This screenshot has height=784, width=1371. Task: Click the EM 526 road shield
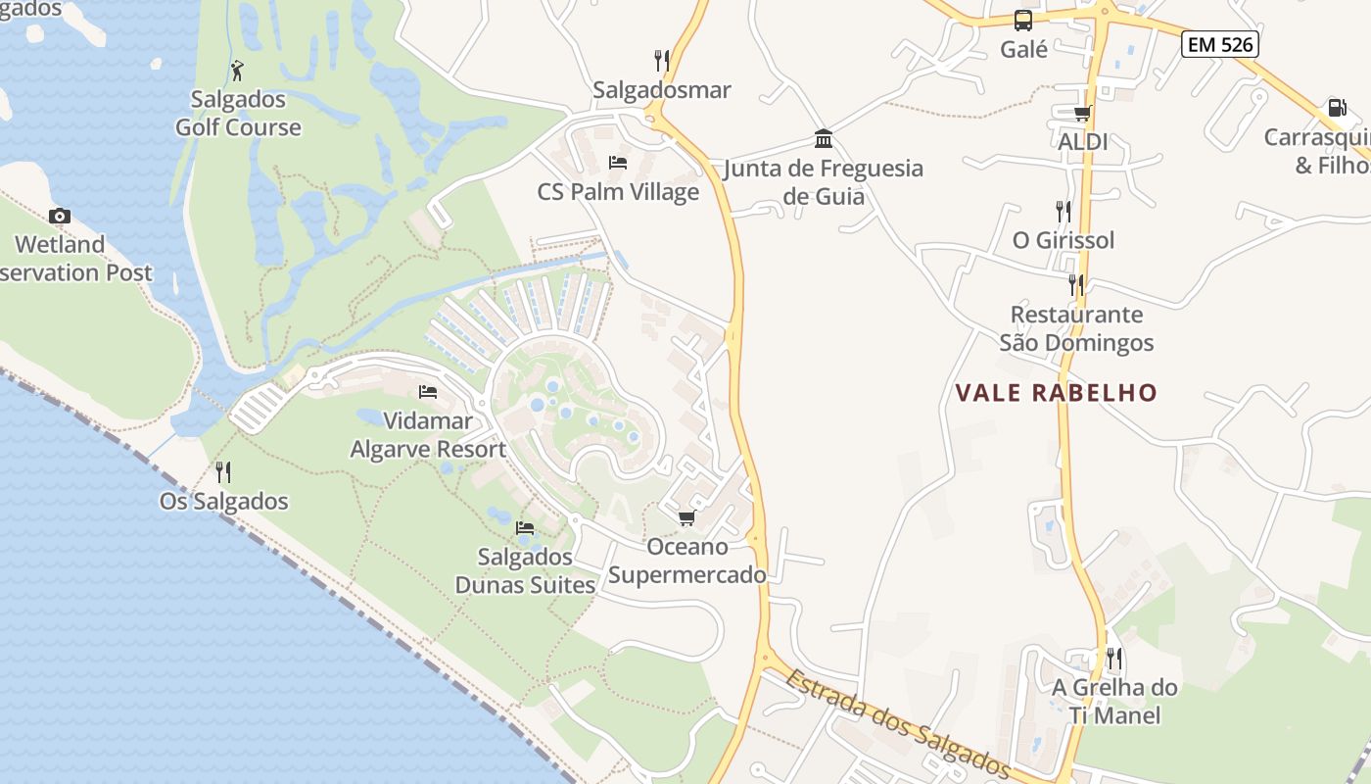pyautogui.click(x=1219, y=44)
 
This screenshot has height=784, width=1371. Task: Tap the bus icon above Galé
pyautogui.click(x=1023, y=21)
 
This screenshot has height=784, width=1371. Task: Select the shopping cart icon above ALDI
pyautogui.click(x=1082, y=114)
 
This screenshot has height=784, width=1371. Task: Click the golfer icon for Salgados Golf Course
pyautogui.click(x=237, y=71)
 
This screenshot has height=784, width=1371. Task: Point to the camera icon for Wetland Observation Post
pyautogui.click(x=60, y=216)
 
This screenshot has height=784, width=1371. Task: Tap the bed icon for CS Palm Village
pyautogui.click(x=618, y=162)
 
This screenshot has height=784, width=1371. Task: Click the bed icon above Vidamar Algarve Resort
pyautogui.click(x=428, y=392)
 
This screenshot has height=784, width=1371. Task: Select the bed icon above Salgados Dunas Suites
pyautogui.click(x=525, y=528)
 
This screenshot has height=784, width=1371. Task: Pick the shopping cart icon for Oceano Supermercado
pyautogui.click(x=686, y=517)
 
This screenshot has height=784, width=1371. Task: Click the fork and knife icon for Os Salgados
pyautogui.click(x=223, y=472)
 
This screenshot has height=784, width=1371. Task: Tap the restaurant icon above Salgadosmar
pyautogui.click(x=662, y=61)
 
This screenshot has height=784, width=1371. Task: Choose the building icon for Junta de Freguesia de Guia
pyautogui.click(x=823, y=138)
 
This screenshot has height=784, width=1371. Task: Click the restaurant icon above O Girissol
pyautogui.click(x=1063, y=211)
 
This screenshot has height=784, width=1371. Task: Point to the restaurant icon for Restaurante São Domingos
pyautogui.click(x=1076, y=285)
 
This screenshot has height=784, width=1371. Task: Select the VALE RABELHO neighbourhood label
pyautogui.click(x=1056, y=393)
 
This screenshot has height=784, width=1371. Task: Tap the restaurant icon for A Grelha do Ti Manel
pyautogui.click(x=1114, y=658)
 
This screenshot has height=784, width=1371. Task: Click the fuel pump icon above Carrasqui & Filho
pyautogui.click(x=1336, y=108)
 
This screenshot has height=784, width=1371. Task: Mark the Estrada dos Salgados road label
pyautogui.click(x=896, y=722)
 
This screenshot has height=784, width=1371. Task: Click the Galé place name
pyautogui.click(x=1024, y=49)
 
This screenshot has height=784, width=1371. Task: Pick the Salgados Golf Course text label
pyautogui.click(x=238, y=113)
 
